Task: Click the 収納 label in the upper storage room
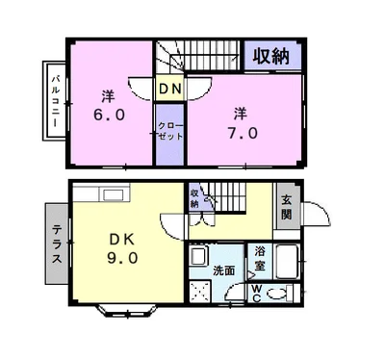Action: coord(272,55)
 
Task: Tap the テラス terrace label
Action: coord(56,243)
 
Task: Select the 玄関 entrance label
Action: coord(287,206)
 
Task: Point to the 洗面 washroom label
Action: coord(224,270)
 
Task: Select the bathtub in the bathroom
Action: coord(288,261)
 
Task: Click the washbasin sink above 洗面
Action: coord(198,257)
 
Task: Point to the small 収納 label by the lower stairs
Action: coord(194,197)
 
